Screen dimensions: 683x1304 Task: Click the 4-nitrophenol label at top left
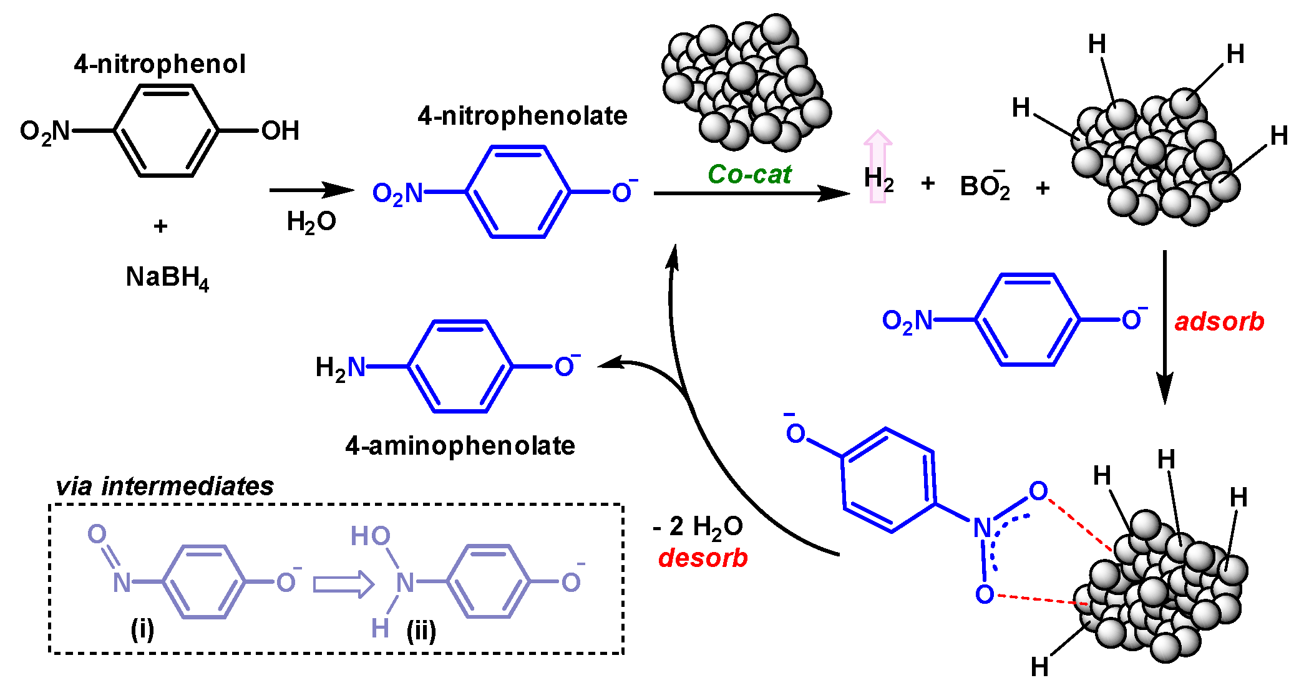click(x=160, y=64)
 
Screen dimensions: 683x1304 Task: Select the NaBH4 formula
click(x=167, y=278)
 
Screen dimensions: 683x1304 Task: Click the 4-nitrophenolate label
click(x=523, y=116)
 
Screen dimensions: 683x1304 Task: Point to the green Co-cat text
click(x=749, y=175)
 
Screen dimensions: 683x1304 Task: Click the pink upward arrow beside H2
click(x=878, y=165)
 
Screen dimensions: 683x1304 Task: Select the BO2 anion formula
click(x=985, y=186)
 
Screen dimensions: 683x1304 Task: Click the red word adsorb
click(x=1219, y=322)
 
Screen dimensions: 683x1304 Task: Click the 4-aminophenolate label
click(x=460, y=446)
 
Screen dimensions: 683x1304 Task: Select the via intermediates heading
click(x=165, y=487)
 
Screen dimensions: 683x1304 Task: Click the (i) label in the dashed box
click(x=142, y=630)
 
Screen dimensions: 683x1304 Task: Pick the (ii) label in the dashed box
click(x=421, y=631)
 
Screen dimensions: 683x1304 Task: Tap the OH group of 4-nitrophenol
click(x=280, y=131)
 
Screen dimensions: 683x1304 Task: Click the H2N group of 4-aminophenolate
click(x=340, y=368)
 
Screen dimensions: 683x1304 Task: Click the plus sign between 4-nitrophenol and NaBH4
click(x=160, y=226)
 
